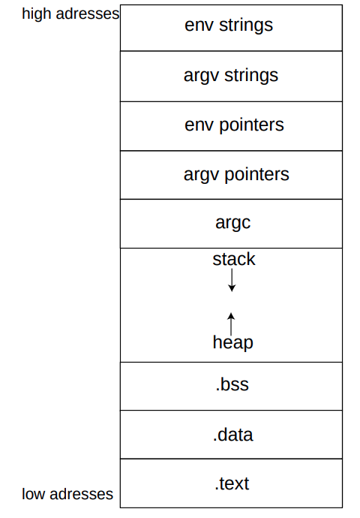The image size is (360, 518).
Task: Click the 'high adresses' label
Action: tap(70, 14)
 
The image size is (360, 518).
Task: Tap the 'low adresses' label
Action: tap(67, 494)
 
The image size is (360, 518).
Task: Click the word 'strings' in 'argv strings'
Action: tap(251, 76)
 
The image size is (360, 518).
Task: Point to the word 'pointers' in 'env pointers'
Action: tap(251, 125)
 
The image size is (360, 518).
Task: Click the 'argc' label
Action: tap(233, 223)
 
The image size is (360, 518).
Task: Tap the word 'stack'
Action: tap(234, 259)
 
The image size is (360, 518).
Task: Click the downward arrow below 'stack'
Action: tap(232, 280)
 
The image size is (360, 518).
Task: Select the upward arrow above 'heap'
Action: tap(231, 324)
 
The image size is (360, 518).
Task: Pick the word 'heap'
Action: tap(233, 342)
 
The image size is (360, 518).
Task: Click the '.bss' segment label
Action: tap(232, 385)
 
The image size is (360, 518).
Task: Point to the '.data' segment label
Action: tap(233, 435)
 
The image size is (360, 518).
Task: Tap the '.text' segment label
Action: tap(232, 484)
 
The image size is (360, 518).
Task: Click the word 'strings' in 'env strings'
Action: tap(246, 26)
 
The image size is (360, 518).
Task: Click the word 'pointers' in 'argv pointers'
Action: tap(257, 174)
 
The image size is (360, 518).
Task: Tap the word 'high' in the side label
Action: tap(37, 14)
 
